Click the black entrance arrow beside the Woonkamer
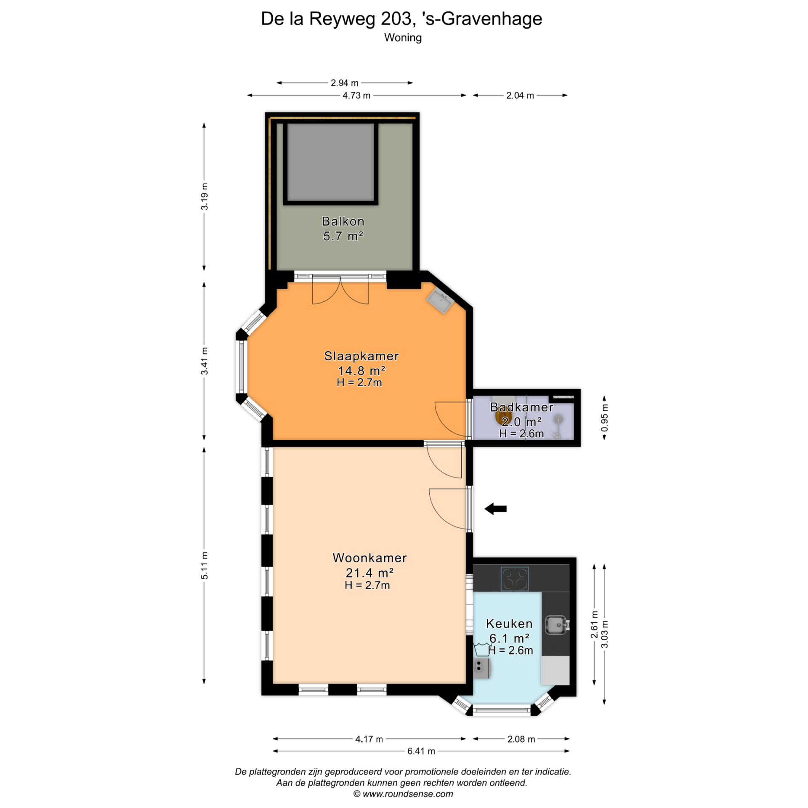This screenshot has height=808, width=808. point(495,509)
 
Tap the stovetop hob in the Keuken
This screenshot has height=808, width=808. point(514,579)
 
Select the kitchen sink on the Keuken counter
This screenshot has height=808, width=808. point(557,625)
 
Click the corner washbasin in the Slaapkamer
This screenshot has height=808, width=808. point(440,300)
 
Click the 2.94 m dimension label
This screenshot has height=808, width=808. point(344,83)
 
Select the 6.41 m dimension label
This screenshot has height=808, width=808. point(421,751)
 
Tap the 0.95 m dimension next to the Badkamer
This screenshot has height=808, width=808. point(604,417)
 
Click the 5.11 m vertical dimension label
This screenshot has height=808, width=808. point(204,565)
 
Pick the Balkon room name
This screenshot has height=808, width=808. point(343,221)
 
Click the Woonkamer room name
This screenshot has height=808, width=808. point(369,558)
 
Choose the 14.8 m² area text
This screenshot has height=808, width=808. point(361,370)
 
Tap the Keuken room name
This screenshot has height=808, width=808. point(509,624)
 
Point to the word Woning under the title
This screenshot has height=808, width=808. point(403,37)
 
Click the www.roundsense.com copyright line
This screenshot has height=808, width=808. point(403,794)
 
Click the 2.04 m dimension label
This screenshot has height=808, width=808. point(520,96)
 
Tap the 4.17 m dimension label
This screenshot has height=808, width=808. point(369,739)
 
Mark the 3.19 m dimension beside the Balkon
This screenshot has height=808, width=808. point(204,197)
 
